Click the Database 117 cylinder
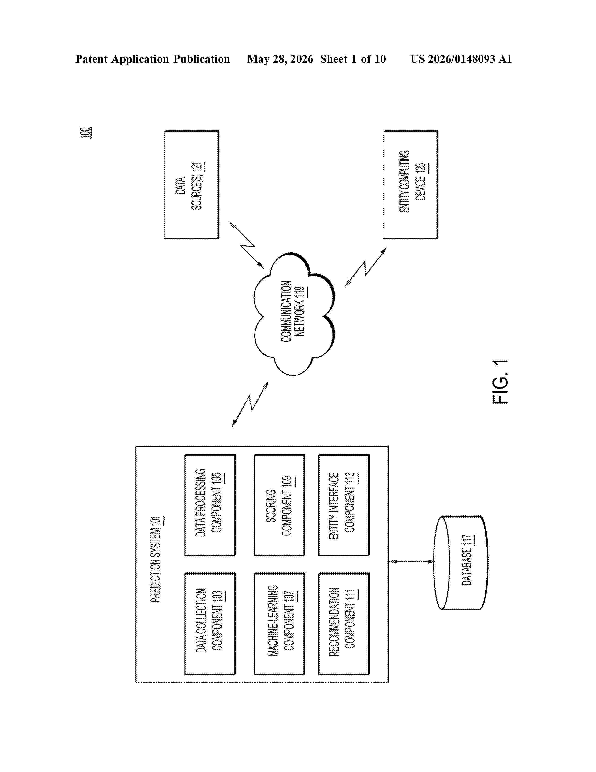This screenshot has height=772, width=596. click(461, 562)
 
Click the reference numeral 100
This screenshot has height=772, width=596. click(86, 133)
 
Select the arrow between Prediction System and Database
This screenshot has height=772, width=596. click(411, 561)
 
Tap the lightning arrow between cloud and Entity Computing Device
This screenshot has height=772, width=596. click(366, 267)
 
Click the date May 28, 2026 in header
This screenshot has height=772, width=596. click(280, 59)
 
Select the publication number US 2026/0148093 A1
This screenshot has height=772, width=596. click(461, 59)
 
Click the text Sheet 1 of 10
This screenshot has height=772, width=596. click(353, 59)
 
